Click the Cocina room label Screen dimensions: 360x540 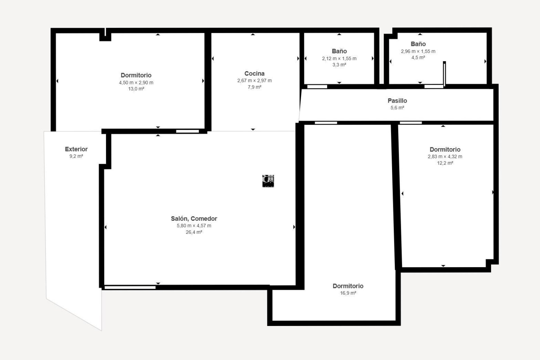pos(254,73)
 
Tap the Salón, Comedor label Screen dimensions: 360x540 pos(194,219)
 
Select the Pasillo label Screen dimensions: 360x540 pos(397,100)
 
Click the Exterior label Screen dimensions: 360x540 pos(76,149)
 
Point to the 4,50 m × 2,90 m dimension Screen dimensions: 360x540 pos(136,83)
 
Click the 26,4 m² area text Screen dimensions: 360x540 pos(194,232)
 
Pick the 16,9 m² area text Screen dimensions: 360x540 pos(348,293)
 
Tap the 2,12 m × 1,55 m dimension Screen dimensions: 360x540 pos(339,58)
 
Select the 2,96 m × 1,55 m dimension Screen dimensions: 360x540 pos(418,51)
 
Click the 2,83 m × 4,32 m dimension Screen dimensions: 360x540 pos(445,156)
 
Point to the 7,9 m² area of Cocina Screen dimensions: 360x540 pos(254,87)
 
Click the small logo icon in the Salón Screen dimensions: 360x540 pos(268,181)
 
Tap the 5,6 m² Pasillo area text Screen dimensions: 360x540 pos(397,107)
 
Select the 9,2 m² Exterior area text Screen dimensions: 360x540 pos(76,156)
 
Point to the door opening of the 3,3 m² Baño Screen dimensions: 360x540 pos(317,87)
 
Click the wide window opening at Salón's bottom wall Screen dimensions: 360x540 pos(130,287)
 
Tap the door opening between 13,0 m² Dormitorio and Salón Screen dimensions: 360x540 pos(187,131)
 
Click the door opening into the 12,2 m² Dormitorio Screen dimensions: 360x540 pos(411,123)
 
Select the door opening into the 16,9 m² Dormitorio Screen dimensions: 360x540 pos(326,123)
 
